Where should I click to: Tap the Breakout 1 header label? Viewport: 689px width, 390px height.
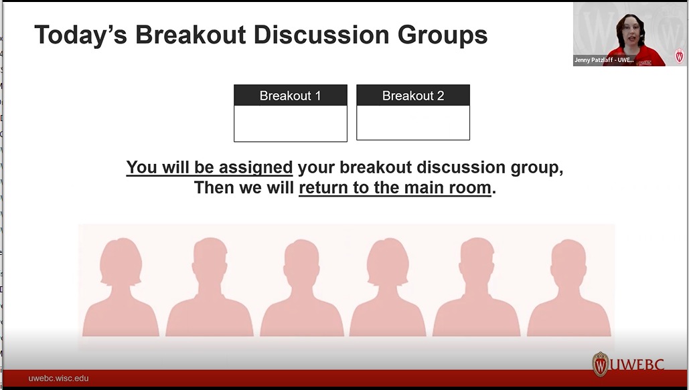point(290,96)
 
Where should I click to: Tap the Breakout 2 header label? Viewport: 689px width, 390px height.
point(412,96)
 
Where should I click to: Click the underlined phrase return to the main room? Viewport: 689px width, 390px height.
point(395,188)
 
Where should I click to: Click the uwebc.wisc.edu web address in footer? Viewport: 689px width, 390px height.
point(58,379)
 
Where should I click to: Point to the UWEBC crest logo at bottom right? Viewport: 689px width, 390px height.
point(601,365)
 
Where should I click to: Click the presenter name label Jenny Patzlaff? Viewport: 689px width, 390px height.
point(604,60)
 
